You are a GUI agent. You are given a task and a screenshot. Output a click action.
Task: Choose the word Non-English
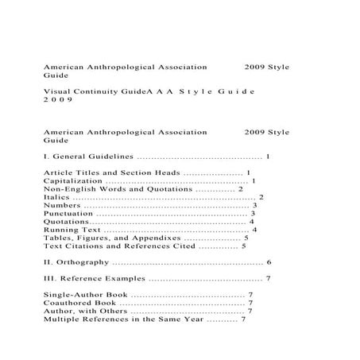[x=71, y=189]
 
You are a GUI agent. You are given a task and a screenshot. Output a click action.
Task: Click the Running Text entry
[x=72, y=230]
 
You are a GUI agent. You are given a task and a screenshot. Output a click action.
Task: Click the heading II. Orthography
[x=77, y=262]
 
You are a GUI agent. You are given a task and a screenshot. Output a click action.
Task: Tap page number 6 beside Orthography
[x=269, y=262]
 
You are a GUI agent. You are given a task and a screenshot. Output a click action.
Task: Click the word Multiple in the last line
[x=62, y=319]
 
